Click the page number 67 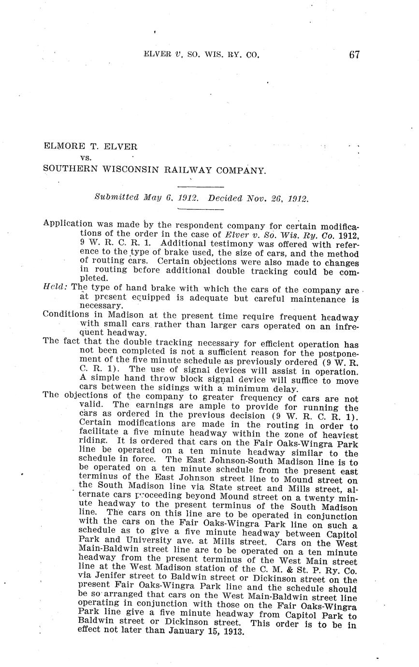coord(354,55)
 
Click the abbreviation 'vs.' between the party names coord(86,157)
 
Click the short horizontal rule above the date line coord(201,187)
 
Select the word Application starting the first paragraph coord(67,224)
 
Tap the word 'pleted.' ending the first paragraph coord(94,278)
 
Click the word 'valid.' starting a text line coord(91,405)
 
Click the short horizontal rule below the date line coord(201,209)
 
